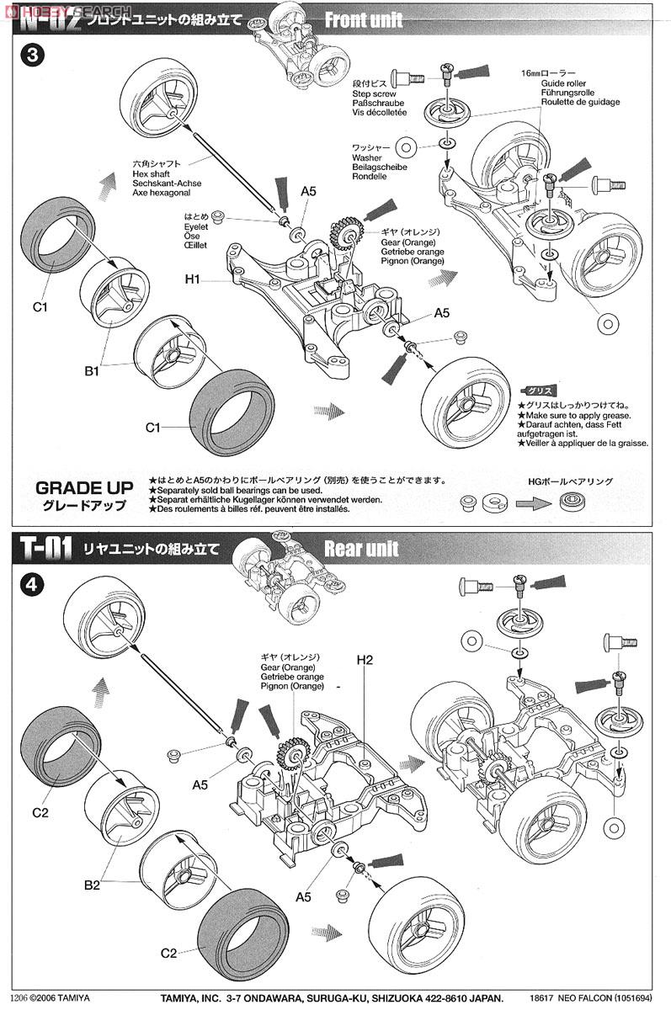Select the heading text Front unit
point(364,19)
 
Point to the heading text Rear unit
point(361,550)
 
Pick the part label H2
point(364,660)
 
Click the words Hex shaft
point(152,173)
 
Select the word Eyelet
point(195,226)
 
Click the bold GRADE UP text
point(85,487)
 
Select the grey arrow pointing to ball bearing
point(532,502)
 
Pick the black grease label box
point(538,391)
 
